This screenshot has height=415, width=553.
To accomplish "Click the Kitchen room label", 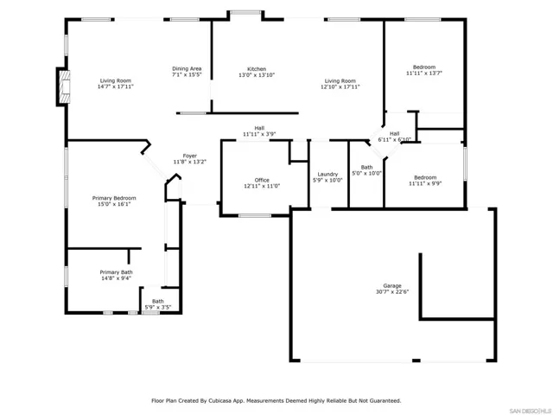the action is click(x=257, y=69).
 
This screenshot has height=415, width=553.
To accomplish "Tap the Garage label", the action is click(x=392, y=286).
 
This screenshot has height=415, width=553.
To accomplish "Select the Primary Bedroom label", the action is click(x=114, y=198).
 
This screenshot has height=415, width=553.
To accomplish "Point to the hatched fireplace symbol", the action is click(x=64, y=86).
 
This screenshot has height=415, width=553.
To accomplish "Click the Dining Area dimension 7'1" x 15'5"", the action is click(x=187, y=75).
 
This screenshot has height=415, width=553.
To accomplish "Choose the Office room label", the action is click(x=262, y=180).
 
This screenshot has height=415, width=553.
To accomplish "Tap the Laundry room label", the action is click(x=327, y=175).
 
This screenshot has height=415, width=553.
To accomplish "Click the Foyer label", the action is click(x=190, y=156).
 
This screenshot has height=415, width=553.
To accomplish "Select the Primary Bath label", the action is click(x=116, y=272).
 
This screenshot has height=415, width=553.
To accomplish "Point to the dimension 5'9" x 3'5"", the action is click(x=158, y=308).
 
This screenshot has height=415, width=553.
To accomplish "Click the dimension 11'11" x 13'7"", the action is click(x=424, y=73).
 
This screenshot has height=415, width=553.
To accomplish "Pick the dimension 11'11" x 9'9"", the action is click(x=425, y=183).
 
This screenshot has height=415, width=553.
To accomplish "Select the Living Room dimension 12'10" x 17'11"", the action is click(x=340, y=86).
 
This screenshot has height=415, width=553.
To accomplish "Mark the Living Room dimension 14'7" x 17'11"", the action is click(x=115, y=86).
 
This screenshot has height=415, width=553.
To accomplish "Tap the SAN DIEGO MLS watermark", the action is click(x=531, y=412).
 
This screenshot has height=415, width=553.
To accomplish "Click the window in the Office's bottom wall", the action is click(x=255, y=215).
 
